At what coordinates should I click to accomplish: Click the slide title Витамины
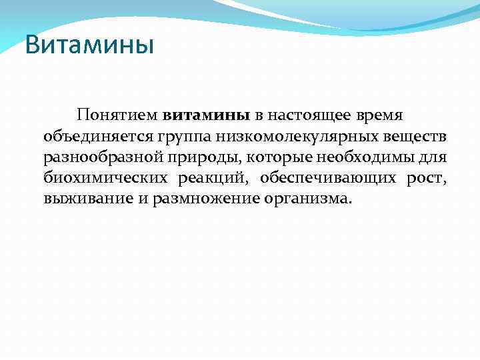[x=89, y=46]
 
